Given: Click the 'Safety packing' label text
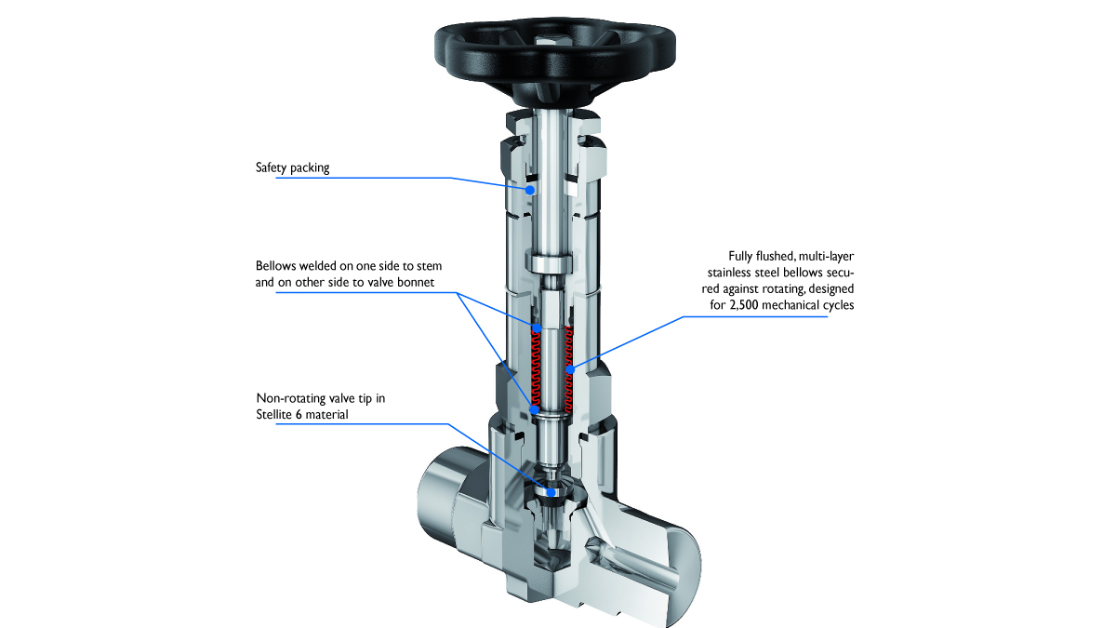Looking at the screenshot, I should [x=292, y=168].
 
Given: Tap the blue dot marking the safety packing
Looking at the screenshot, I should [x=529, y=189].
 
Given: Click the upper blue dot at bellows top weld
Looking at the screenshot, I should [x=536, y=327].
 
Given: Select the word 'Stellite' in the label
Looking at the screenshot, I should [x=277, y=414].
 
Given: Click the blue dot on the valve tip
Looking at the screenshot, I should [x=551, y=492].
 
